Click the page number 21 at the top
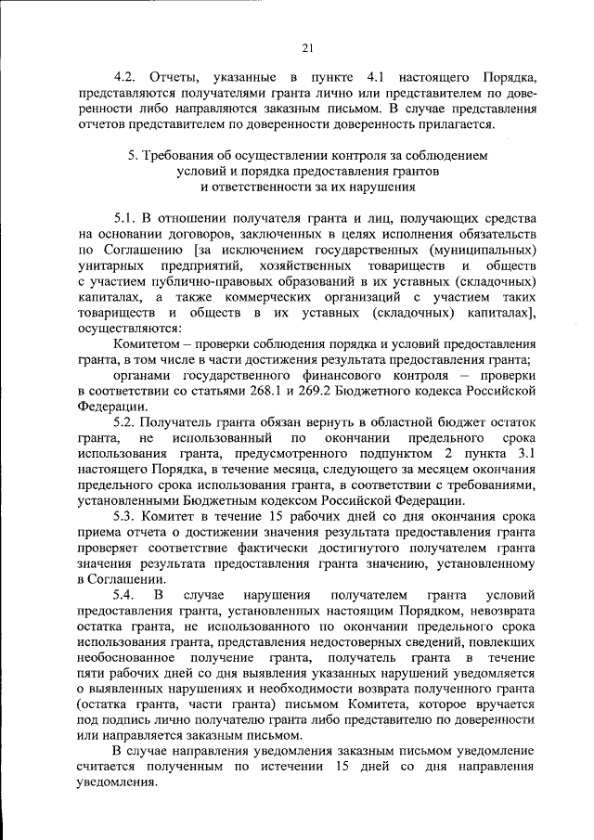(308, 49)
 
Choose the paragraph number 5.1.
(124, 217)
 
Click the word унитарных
(111, 265)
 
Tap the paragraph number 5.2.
(124, 422)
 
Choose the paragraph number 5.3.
(124, 517)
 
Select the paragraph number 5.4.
(124, 596)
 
